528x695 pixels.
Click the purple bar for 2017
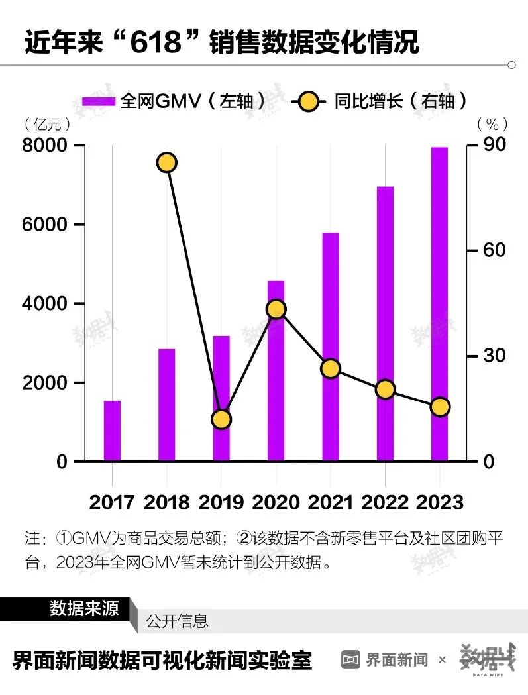(112, 431)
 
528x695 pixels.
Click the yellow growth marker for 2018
(167, 162)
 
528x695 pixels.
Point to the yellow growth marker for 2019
(221, 419)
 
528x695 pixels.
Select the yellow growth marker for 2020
(276, 309)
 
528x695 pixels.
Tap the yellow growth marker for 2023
(440, 407)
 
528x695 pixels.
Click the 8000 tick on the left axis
(44, 146)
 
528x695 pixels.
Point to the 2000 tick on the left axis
(44, 383)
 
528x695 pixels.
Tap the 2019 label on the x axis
(221, 502)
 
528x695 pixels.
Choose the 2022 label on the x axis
(385, 502)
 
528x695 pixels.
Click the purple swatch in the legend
(99, 101)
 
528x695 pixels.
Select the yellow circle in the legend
(307, 101)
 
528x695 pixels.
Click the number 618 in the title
(155, 43)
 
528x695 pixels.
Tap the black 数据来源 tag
(83, 608)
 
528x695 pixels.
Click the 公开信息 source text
(178, 621)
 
